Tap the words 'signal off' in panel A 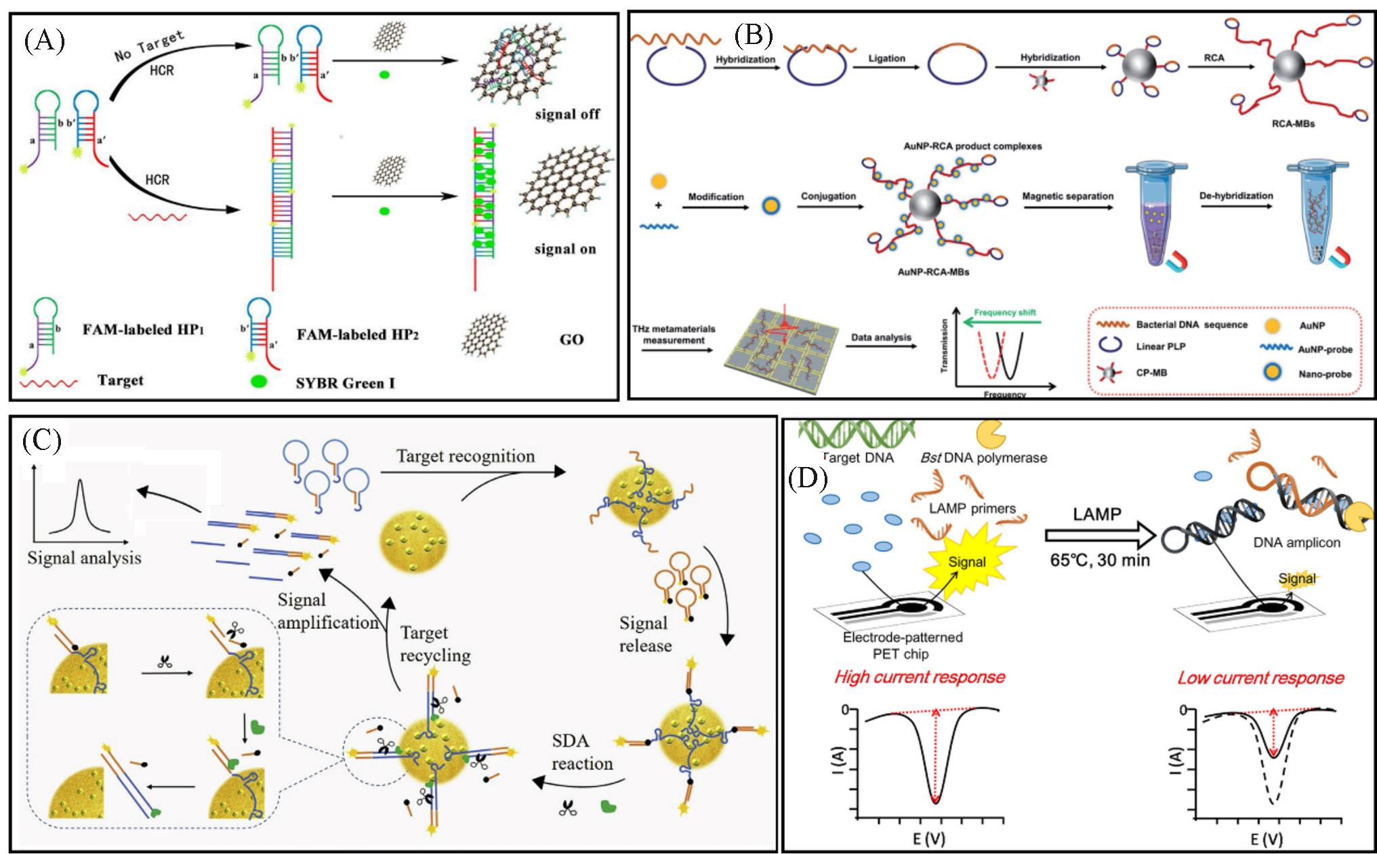pyautogui.click(x=567, y=114)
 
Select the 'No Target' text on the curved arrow pyautogui.click(x=149, y=45)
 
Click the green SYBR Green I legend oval pyautogui.click(x=259, y=381)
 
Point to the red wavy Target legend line pyautogui.click(x=49, y=383)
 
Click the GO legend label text pyautogui.click(x=571, y=339)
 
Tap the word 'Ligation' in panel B pyautogui.click(x=886, y=58)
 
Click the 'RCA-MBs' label pyautogui.click(x=1292, y=124)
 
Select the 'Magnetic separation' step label pyautogui.click(x=1067, y=196)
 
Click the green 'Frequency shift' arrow pyautogui.click(x=1003, y=323)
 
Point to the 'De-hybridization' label pyautogui.click(x=1236, y=195)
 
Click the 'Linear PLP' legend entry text pyautogui.click(x=1160, y=346)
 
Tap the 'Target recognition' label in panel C pyautogui.click(x=466, y=456)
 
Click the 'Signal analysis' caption pyautogui.click(x=84, y=558)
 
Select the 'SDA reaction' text pyautogui.click(x=581, y=752)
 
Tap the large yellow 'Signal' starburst pyautogui.click(x=966, y=562)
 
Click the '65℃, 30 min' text pyautogui.click(x=1099, y=561)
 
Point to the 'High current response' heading pyautogui.click(x=919, y=677)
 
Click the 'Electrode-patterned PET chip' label pyautogui.click(x=902, y=645)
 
